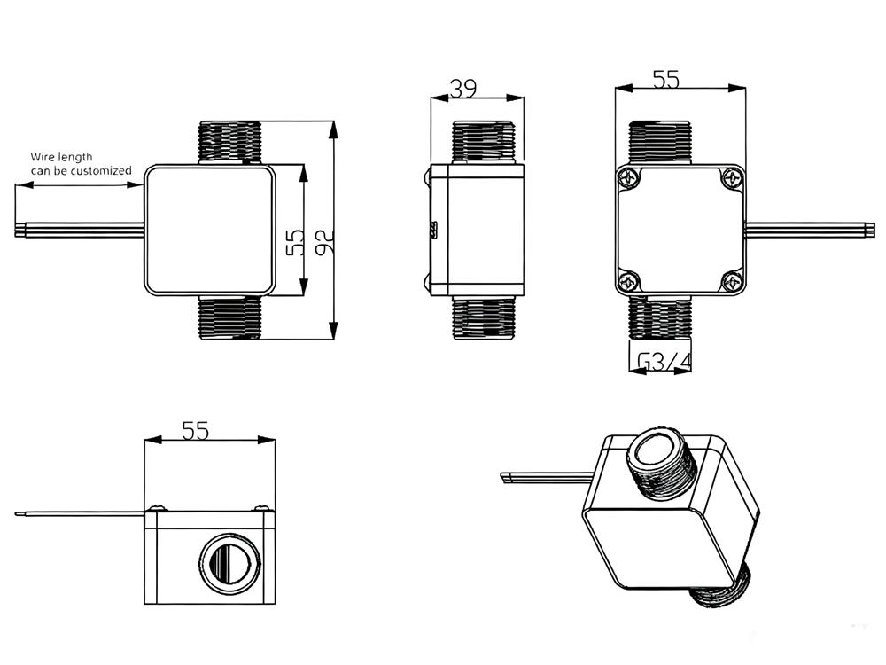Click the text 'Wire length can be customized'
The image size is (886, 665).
pyautogui.click(x=81, y=163)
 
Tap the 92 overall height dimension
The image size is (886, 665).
pyautogui.click(x=323, y=237)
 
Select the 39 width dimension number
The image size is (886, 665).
pyautogui.click(x=462, y=88)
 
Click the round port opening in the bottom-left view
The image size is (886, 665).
pyautogui.click(x=226, y=565)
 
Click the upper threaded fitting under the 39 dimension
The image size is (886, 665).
pyautogui.click(x=483, y=142)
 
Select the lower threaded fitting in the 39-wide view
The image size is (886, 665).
pyautogui.click(x=483, y=317)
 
